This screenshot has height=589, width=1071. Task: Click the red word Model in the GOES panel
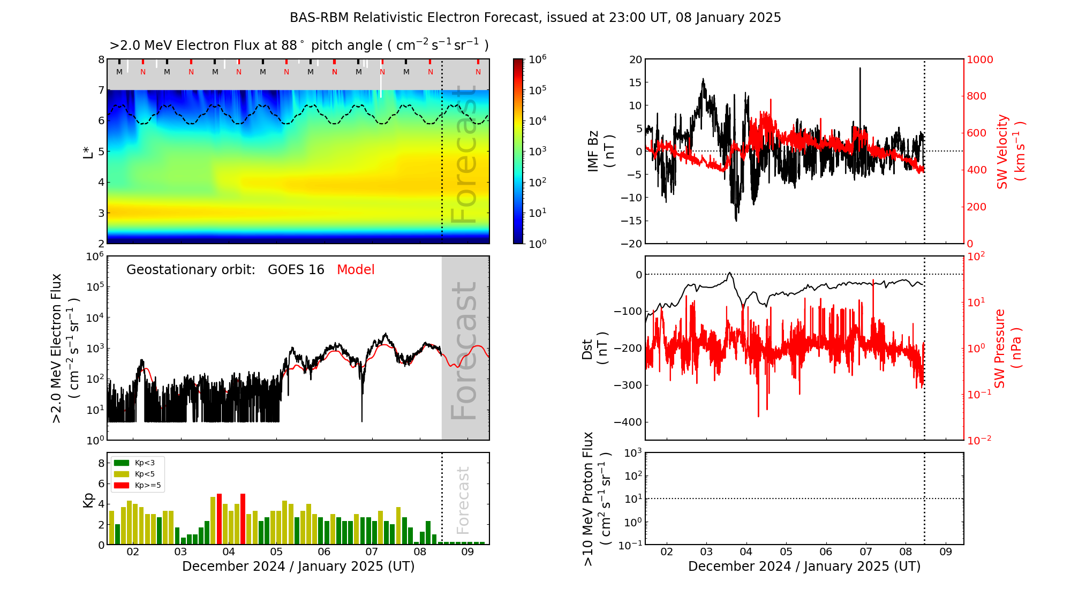click(x=356, y=270)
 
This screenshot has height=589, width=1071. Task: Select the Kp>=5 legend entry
click(x=137, y=486)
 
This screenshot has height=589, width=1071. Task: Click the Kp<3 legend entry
click(x=137, y=463)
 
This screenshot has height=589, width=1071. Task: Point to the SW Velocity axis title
click(x=1010, y=152)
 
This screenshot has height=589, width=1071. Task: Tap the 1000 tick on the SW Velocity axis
click(x=979, y=60)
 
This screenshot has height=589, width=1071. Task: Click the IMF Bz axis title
click(x=601, y=152)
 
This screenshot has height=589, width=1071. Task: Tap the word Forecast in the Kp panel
click(x=463, y=500)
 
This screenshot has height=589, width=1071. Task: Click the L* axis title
click(x=88, y=152)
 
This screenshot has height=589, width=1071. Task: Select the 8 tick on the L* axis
click(x=101, y=59)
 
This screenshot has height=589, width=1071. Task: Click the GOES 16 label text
click(x=296, y=270)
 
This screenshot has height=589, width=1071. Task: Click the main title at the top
click(x=535, y=18)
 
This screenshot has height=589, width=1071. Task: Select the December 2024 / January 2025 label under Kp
click(x=298, y=567)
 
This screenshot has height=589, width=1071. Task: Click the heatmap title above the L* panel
click(x=299, y=46)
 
